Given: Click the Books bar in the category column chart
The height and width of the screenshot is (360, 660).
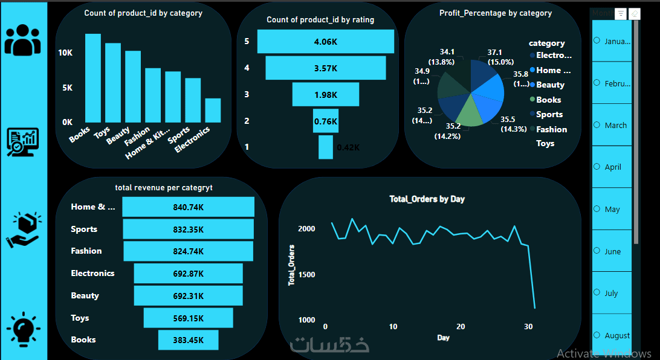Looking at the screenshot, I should coord(92,78).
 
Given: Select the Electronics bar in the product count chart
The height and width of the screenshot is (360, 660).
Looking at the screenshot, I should coord(213,111).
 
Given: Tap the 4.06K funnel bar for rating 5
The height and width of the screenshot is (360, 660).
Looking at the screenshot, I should coord(325,41).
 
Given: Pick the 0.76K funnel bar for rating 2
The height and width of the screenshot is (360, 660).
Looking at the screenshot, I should coord(325,121).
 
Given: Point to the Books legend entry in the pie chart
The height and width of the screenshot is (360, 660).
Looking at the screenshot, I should coord(548,100).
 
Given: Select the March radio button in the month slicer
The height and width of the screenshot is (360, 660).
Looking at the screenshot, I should coord(597,125).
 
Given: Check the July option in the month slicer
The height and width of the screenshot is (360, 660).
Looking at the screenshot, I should coord(597,293).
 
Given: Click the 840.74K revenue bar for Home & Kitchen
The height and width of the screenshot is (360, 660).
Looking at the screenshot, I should coord(188,207).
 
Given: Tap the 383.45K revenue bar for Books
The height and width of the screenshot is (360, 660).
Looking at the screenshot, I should coord(188,339).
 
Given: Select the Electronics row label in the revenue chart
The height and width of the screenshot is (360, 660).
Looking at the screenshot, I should coord(92,273).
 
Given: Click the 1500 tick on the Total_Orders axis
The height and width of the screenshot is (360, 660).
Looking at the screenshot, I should coord(306,275).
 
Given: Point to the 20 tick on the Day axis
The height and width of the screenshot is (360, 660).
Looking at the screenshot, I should coord(461,327).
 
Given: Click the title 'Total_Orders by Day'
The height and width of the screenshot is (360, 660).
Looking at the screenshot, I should coord(427,199).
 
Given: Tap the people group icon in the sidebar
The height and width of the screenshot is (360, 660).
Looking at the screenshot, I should coord(23,40).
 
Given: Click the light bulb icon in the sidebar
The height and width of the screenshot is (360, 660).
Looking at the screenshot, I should coord(23,330).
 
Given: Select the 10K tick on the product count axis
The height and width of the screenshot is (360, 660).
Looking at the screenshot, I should coord(65,53).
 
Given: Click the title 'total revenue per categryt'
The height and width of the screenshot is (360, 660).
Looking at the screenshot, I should coord(163,187).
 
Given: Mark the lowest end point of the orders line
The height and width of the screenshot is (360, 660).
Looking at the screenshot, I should coord(534,308).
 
